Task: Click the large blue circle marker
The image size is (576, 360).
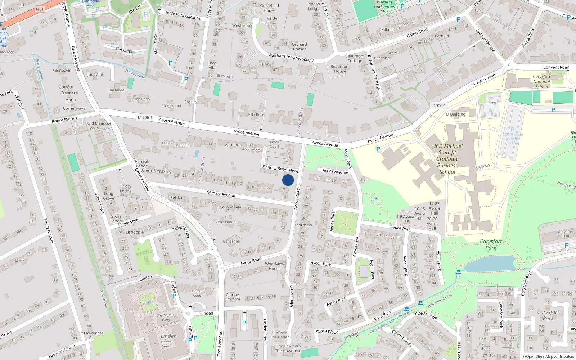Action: pyautogui.click(x=288, y=180)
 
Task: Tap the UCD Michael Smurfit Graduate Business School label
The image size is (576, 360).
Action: pyautogui.click(x=447, y=159)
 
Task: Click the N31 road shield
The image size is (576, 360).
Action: pyautogui.click(x=40, y=9)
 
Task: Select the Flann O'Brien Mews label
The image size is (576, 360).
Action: pyautogui.click(x=280, y=168)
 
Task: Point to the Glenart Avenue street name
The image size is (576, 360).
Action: pyautogui.click(x=221, y=194)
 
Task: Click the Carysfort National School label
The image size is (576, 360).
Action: pyautogui.click(x=541, y=82)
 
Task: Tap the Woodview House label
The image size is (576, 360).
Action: pyautogui.click(x=275, y=266)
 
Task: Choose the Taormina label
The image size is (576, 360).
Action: pyautogui.click(x=303, y=225)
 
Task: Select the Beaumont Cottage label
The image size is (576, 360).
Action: pyautogui.click(x=355, y=58)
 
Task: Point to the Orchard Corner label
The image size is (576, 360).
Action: pyautogui.click(x=300, y=46)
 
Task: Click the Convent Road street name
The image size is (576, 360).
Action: pyautogui.click(x=556, y=67)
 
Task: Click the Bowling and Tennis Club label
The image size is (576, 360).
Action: pyautogui.click(x=384, y=7)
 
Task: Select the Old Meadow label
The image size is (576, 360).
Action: pyautogui.click(x=99, y=123)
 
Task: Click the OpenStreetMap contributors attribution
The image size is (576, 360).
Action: pyautogui.click(x=548, y=356)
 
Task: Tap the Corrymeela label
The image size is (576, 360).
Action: pyautogui.click(x=230, y=207)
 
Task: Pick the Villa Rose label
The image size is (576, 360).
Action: pyautogui.click(x=256, y=114)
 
